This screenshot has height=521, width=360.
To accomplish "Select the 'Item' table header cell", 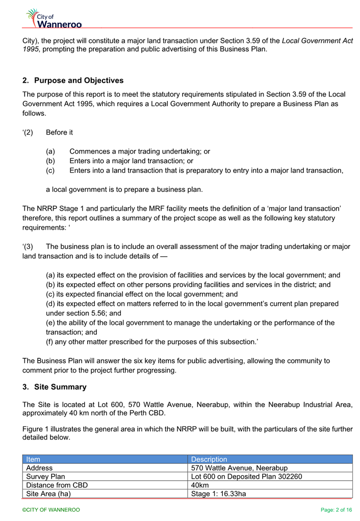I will click(33, 459).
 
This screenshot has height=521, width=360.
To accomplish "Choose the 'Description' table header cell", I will click(209, 459).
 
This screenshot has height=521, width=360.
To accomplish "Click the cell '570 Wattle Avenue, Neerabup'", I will click(239, 468).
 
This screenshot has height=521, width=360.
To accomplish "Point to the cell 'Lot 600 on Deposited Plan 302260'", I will click(246, 477).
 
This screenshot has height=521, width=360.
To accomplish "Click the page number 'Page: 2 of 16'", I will click(337, 510).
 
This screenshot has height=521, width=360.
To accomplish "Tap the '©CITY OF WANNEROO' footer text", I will click(51, 510).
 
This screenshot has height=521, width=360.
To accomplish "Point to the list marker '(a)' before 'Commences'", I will click(50, 152).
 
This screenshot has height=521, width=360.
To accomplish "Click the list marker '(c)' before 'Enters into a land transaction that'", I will click(50, 170).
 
